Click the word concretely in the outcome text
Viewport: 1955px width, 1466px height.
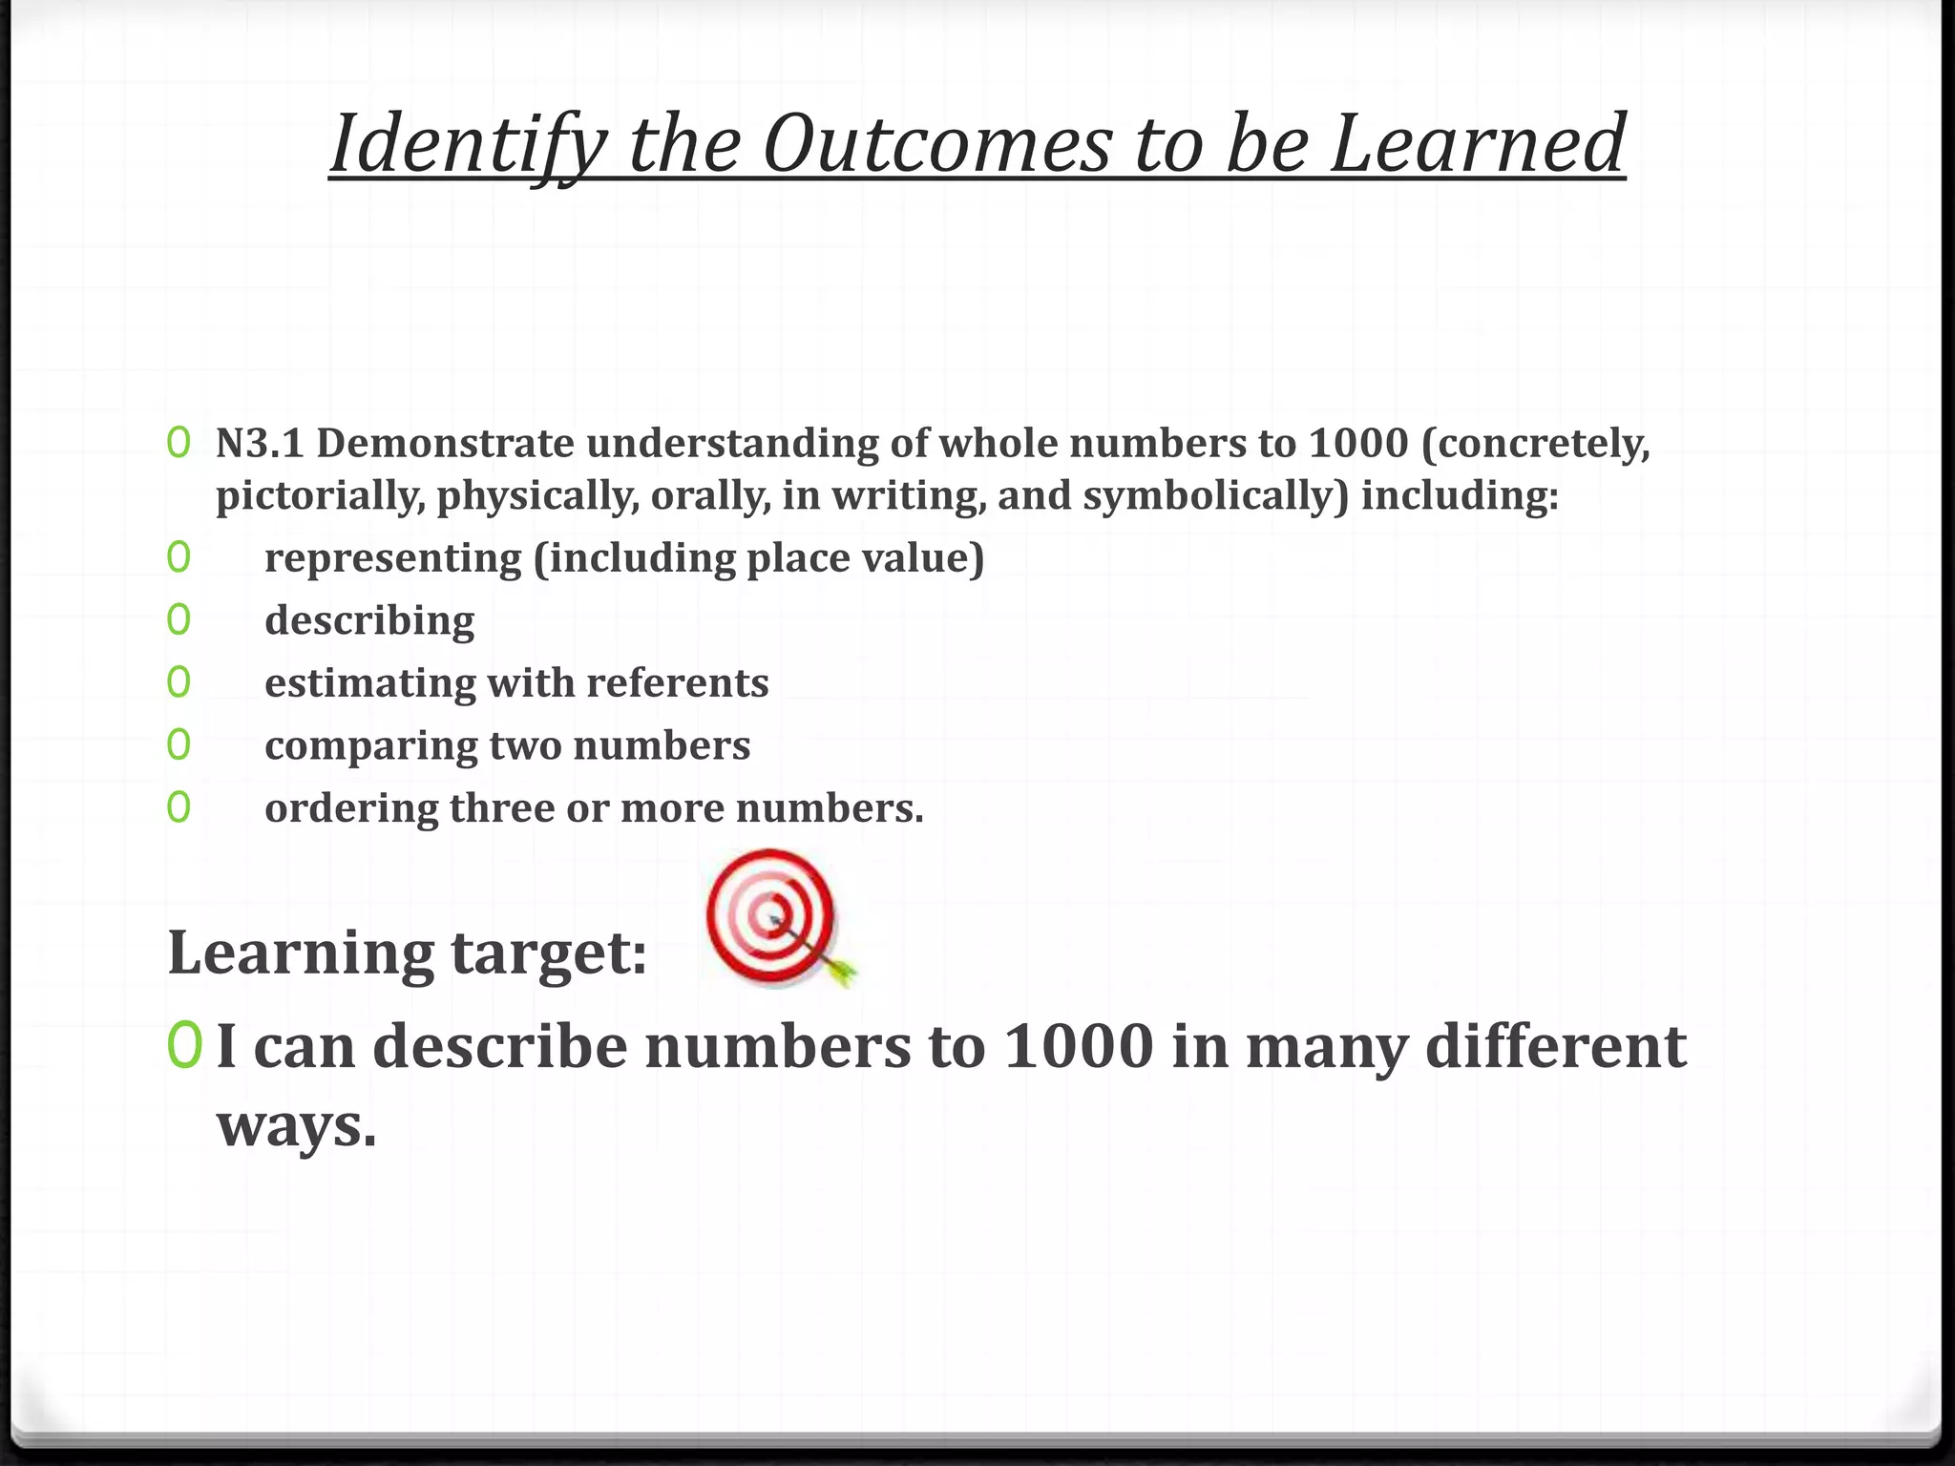click(1539, 445)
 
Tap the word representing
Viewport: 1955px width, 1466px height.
click(393, 559)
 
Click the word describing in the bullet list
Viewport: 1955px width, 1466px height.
click(369, 621)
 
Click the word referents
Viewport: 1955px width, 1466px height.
click(677, 683)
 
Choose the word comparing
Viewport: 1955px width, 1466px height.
click(370, 746)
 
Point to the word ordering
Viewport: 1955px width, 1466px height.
click(350, 809)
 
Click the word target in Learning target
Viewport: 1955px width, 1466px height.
click(549, 953)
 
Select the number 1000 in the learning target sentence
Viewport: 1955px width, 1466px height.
click(1079, 1046)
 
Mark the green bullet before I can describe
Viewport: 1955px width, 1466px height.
click(183, 1046)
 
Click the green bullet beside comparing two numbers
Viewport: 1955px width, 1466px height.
click(179, 744)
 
